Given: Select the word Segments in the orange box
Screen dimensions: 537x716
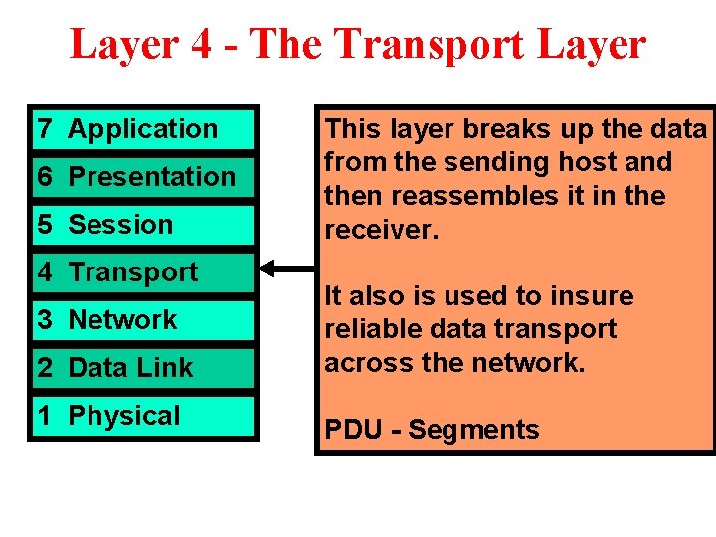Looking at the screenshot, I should pos(473,430).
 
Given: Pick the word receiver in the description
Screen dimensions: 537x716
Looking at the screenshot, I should pos(366,230).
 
